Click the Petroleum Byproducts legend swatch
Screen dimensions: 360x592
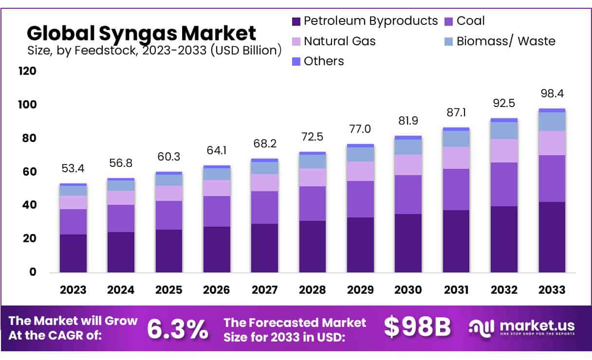pos(296,21)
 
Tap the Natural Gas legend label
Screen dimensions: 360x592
pos(339,41)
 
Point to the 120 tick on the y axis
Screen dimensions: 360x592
pos(27,71)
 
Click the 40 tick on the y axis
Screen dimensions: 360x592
pos(30,205)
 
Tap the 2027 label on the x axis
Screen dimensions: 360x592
pos(264,290)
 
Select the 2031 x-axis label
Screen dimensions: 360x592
pos(456,290)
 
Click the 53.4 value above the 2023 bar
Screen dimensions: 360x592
pos(73,169)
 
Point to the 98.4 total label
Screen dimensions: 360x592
pos(552,93)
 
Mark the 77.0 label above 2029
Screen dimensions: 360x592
pos(360,129)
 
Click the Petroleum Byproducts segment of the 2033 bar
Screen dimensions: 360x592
pos(552,237)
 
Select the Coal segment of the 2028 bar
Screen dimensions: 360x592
pos(312,203)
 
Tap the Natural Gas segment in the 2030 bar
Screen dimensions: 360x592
pos(408,164)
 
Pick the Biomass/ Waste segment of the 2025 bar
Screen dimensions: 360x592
pos(168,180)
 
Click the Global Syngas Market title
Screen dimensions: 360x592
pos(141,33)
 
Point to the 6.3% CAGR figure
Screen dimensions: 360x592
pos(177,329)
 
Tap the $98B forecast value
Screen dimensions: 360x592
pos(417,327)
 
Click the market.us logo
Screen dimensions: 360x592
pos(522,327)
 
